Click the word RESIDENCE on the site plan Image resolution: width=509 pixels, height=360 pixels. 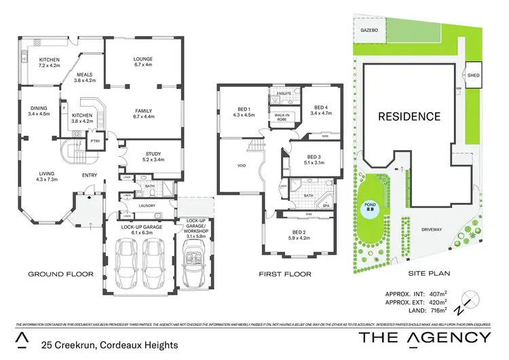409,116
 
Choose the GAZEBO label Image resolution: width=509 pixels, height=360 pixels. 369,31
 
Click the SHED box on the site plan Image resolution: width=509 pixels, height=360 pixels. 473,76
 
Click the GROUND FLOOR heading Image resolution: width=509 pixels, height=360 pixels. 60,274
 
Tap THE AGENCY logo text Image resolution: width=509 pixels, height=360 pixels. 424,338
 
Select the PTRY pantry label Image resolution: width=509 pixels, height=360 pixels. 96,141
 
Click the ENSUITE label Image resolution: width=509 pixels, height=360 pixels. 284,92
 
